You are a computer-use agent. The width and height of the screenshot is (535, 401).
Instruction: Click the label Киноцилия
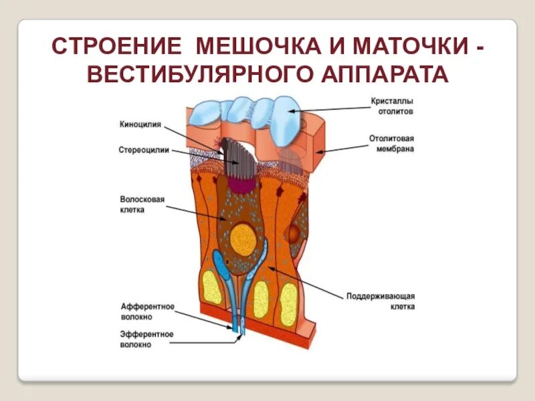coord(140,123)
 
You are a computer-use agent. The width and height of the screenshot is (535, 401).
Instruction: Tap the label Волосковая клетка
coord(142,204)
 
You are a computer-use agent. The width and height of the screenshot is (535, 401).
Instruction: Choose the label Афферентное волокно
coord(147,311)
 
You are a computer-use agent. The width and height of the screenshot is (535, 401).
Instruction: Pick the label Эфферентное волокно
coord(147,339)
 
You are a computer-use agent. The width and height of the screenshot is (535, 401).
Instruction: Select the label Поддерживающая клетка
coord(381,301)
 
